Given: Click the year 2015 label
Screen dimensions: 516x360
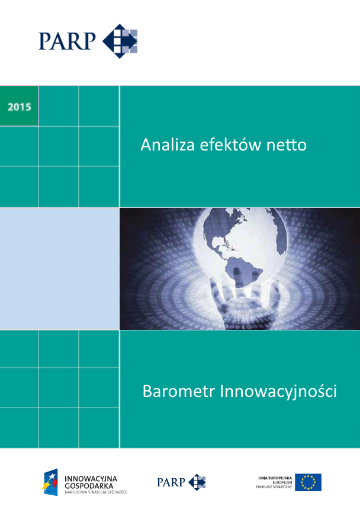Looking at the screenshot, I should [20, 108].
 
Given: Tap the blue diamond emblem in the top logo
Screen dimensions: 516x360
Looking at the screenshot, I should [120, 41].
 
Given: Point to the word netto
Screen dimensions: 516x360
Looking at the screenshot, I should [289, 144].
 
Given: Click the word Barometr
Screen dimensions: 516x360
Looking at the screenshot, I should [178, 392].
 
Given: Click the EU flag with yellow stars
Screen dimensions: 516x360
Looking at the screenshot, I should [308, 482].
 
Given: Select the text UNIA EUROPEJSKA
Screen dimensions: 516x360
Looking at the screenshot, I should [275, 477].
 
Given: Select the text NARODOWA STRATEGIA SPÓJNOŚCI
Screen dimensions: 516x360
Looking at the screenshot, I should [95, 491].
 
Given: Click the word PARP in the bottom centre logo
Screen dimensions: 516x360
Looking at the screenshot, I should [171, 482].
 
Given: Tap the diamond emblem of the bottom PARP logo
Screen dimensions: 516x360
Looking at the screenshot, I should [197, 482].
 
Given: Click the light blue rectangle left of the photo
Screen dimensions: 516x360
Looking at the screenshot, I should [59, 268].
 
